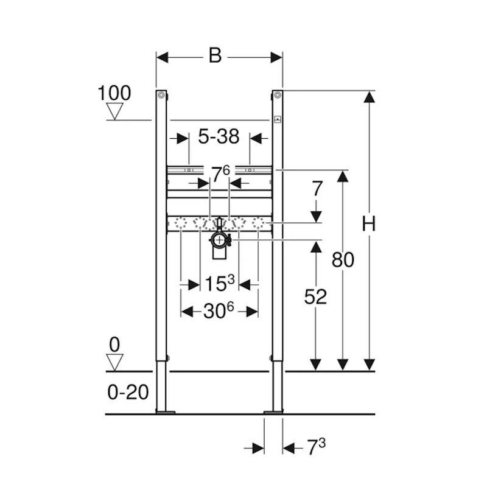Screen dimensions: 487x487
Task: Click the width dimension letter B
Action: [215, 56]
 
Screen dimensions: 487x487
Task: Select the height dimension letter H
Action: [369, 223]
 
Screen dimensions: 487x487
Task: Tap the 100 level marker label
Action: [114, 93]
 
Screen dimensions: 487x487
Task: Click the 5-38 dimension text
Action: [219, 136]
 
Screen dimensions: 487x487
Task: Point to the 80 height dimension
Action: [343, 260]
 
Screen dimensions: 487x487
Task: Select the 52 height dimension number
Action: [315, 296]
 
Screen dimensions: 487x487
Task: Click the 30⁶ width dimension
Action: [219, 311]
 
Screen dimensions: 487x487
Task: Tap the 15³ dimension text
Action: [220, 283]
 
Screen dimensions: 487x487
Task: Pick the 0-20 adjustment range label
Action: [128, 392]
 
